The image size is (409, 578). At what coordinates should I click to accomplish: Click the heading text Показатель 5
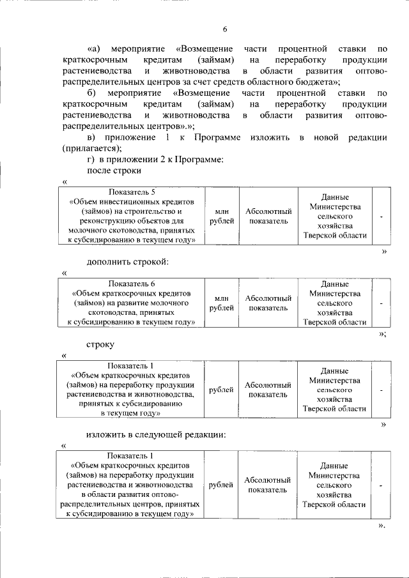tap(132, 192)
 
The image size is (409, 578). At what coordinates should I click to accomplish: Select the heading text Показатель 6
tap(132, 283)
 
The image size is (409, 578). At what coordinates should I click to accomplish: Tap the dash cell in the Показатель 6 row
tap(381, 303)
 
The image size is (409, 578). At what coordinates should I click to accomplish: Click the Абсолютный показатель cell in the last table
tap(268, 485)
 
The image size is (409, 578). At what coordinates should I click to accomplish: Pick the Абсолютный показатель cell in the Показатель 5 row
tap(268, 216)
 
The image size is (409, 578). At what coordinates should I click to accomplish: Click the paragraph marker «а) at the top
tap(93, 49)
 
